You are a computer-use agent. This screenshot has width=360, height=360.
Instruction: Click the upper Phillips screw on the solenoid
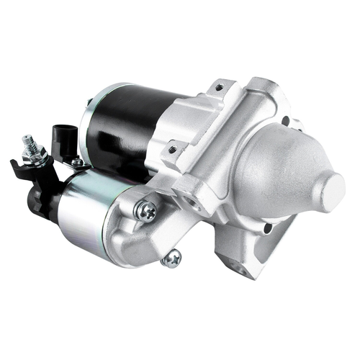pos(146,210)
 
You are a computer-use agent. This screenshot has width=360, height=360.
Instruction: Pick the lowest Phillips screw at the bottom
pos(171,258)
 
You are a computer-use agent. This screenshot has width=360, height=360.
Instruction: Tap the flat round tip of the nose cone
pos(334,189)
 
